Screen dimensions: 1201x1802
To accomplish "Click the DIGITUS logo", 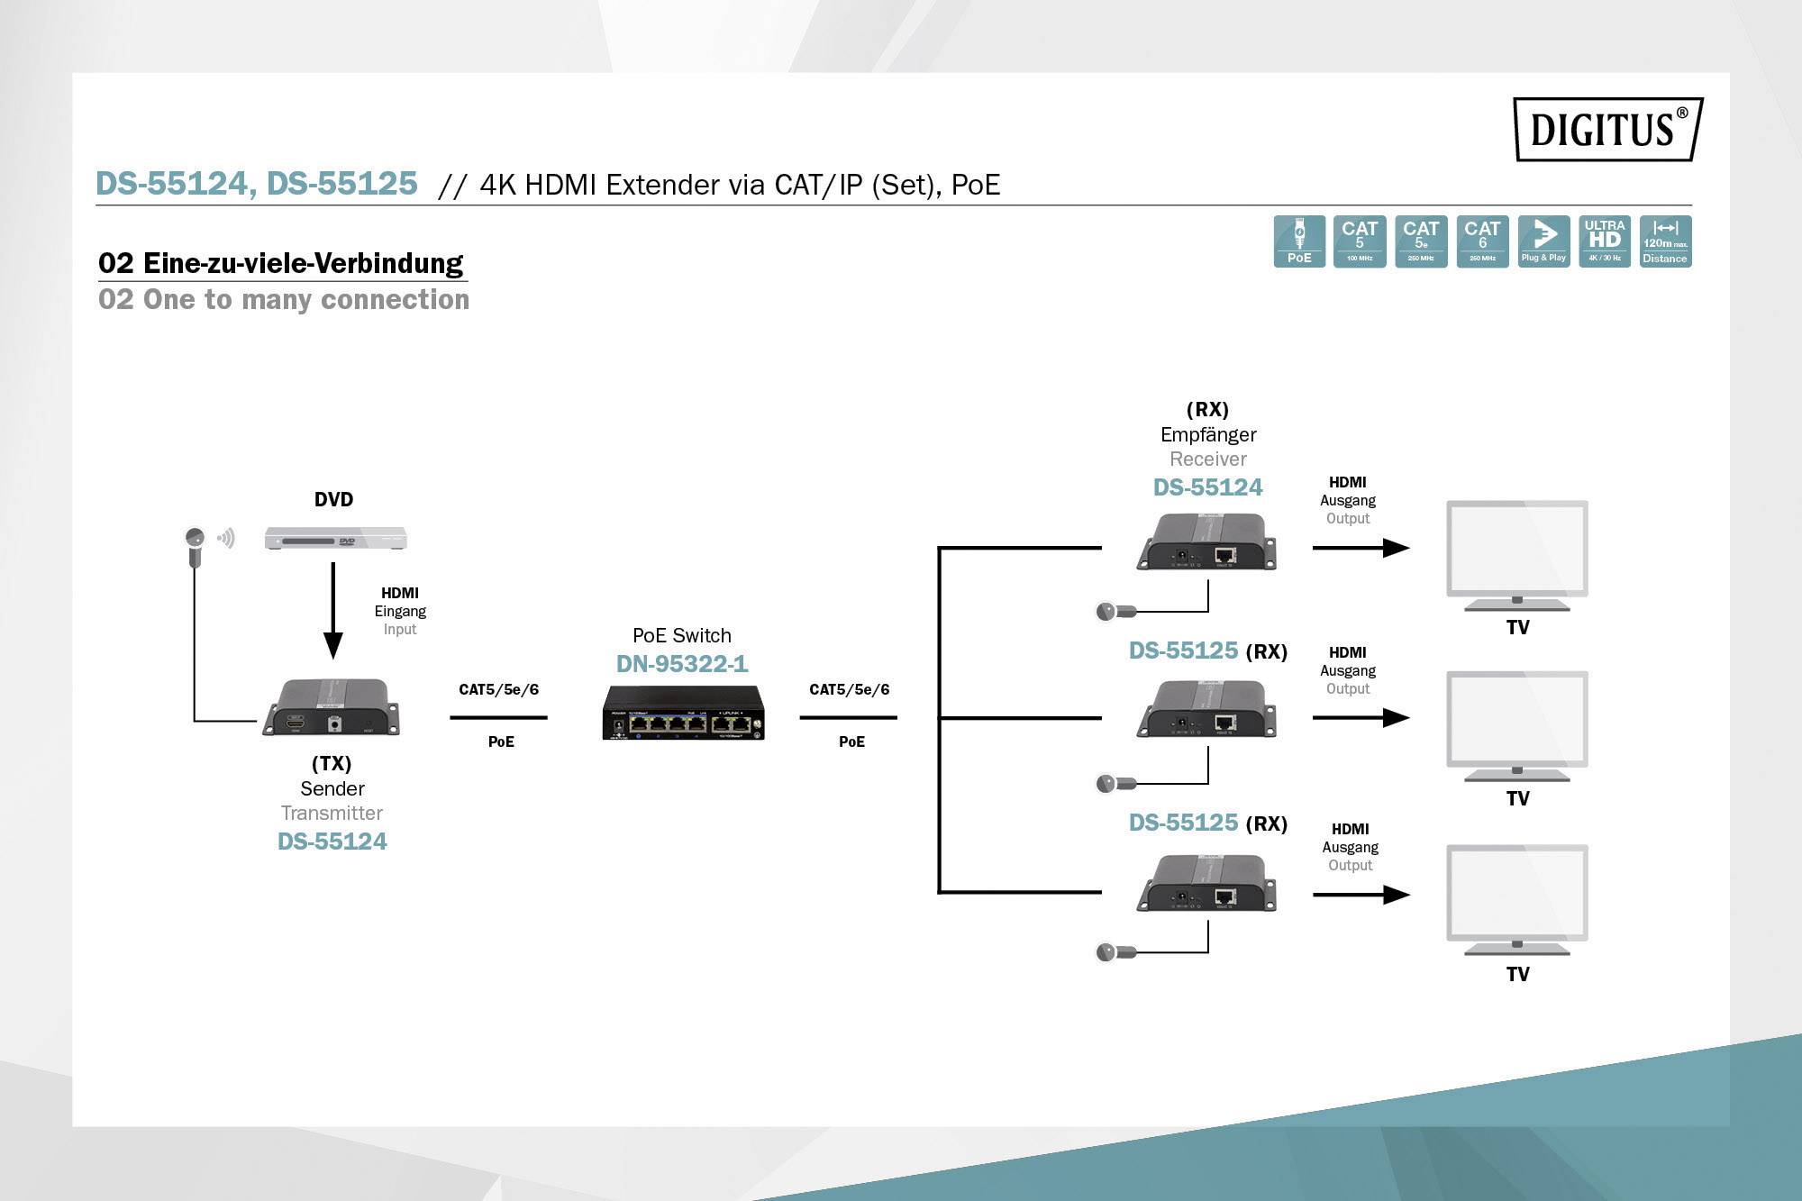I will click(1606, 129).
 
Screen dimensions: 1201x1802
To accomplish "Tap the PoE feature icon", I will click(1298, 241).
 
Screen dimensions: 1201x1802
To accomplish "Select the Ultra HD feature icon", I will click(1604, 241).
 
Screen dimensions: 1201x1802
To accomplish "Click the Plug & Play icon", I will click(1543, 241).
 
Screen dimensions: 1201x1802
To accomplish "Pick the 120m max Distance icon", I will click(1665, 241).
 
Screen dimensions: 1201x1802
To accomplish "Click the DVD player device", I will click(335, 539).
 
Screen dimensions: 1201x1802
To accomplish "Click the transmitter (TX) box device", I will click(332, 707).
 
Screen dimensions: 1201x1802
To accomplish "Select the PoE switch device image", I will click(683, 713).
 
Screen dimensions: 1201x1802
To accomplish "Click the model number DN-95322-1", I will click(682, 664).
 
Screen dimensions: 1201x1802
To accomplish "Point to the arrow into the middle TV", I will click(1361, 718).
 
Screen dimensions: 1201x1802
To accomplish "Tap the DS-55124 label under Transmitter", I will click(332, 842).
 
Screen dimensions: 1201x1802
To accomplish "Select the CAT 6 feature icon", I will click(1482, 241).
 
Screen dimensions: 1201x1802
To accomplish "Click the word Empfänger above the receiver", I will click(1207, 434).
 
